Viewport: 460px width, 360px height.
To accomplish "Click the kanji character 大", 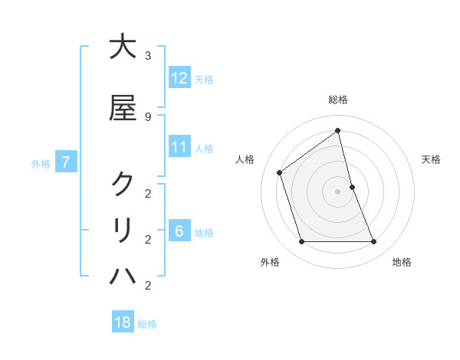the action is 123,47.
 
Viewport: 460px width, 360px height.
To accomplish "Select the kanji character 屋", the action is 123,109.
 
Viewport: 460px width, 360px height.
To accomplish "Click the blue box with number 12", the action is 179,77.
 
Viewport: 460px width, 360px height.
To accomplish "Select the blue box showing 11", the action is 179,147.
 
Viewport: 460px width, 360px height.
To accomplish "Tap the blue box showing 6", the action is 179,231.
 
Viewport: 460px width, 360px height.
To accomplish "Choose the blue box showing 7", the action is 67,162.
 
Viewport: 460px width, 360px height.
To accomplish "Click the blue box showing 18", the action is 123,322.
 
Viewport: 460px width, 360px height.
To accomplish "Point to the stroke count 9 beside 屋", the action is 148,116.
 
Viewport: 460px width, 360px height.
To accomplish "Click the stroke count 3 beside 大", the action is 148,56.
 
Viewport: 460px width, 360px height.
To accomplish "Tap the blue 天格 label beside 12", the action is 204,79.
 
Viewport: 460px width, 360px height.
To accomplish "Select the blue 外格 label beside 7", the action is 41,163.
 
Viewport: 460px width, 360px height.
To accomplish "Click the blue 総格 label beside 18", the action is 148,324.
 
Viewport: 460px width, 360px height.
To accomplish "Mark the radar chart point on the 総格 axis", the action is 338,130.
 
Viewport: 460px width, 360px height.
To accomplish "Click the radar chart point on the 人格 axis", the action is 280,172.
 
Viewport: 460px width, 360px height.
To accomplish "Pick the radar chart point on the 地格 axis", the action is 374,242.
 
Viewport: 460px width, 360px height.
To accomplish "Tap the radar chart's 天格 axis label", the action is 431,159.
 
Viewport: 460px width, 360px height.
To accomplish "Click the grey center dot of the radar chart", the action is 338,191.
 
